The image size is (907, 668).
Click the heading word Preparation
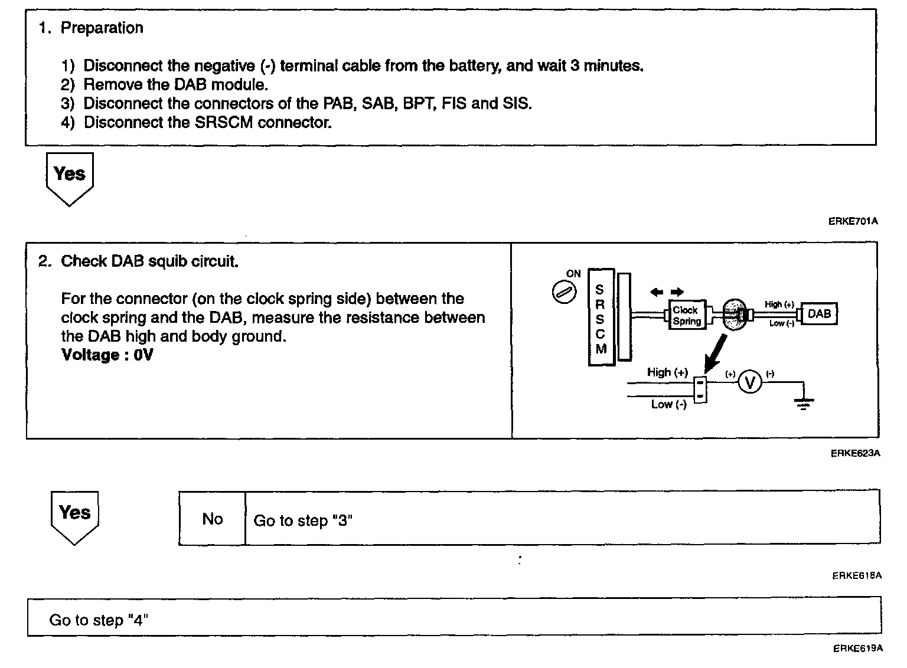point(102,28)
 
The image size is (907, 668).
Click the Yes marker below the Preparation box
point(69,175)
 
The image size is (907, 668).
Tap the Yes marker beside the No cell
point(74,513)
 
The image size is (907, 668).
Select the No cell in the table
point(212,519)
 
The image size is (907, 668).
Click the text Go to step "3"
point(302,520)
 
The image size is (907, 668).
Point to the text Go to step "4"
point(98,620)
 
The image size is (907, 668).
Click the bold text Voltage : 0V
point(106,355)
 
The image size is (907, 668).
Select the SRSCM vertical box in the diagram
point(601,317)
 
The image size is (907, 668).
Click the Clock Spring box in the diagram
point(687,316)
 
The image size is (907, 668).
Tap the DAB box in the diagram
point(819,314)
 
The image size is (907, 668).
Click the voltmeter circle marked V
point(750,383)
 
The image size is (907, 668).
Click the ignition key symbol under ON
point(560,292)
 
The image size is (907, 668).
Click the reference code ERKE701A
point(853,221)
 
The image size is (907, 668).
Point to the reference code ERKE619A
point(857,648)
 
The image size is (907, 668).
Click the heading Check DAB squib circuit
point(149,261)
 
